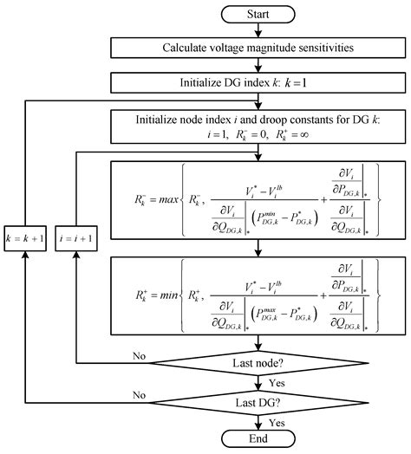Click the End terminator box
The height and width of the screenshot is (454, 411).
click(x=258, y=439)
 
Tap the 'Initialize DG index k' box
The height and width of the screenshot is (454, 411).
click(x=258, y=83)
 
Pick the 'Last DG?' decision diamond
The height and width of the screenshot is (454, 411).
click(x=258, y=402)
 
